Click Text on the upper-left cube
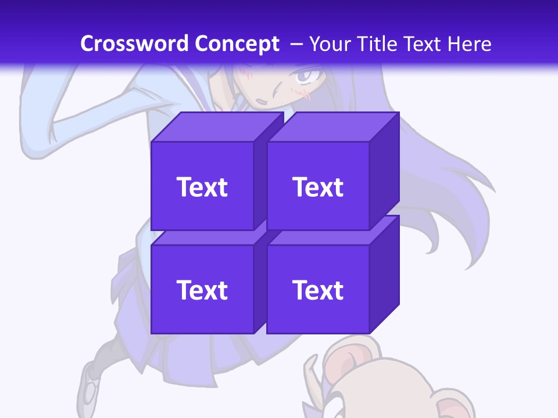pyautogui.click(x=202, y=187)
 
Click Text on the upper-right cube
pyautogui.click(x=318, y=187)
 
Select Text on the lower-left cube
pyautogui.click(x=202, y=290)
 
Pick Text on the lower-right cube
pyautogui.click(x=318, y=290)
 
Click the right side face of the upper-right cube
pyautogui.click(x=384, y=171)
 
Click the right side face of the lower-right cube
pyautogui.click(x=384, y=274)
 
